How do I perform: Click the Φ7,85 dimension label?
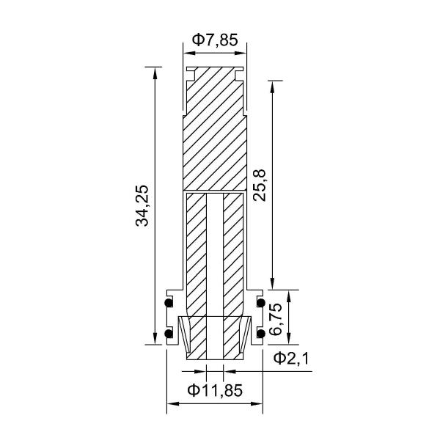tap(214, 41)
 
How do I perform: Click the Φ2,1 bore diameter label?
tap(291, 358)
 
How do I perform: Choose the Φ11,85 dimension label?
tap(214, 390)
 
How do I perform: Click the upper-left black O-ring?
tap(169, 303)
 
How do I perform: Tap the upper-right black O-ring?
tap(260, 303)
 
